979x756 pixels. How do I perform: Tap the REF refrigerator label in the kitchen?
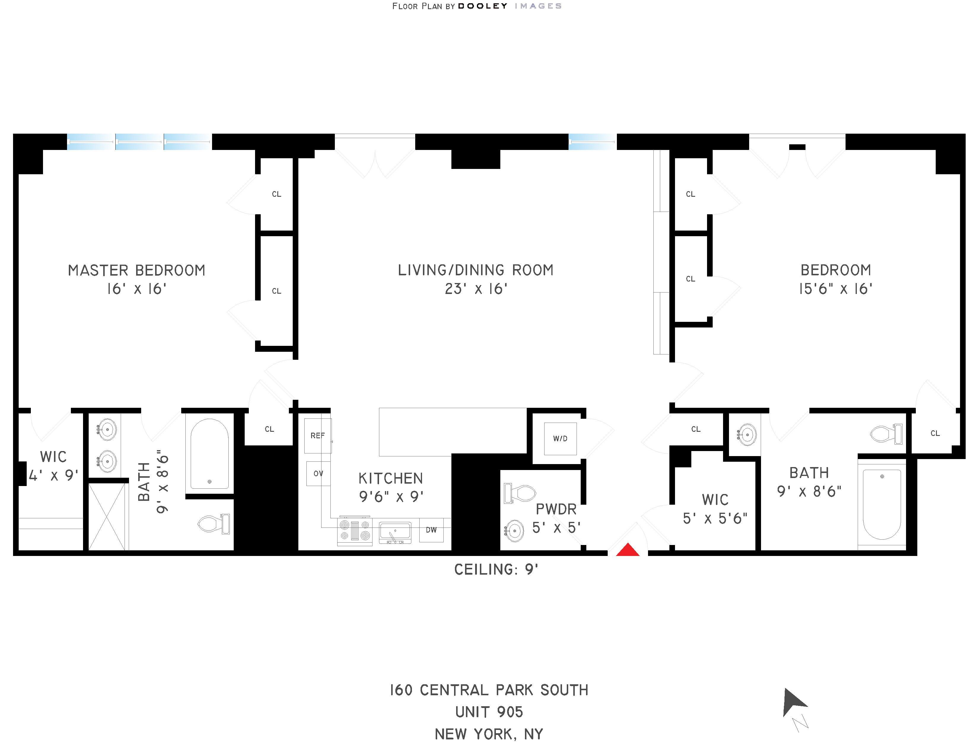click(x=317, y=435)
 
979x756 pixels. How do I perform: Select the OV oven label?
click(x=318, y=473)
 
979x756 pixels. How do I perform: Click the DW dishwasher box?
click(x=431, y=530)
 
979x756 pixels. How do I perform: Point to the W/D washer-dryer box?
click(x=560, y=439)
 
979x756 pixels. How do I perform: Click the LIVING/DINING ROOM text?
click(x=476, y=270)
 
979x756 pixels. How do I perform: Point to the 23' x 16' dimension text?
click(x=476, y=289)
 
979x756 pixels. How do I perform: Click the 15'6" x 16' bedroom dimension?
click(x=835, y=289)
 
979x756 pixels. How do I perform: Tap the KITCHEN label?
click(x=390, y=478)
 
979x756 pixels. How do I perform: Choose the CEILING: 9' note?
click(x=496, y=569)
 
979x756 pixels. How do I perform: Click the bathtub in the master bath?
click(x=209, y=454)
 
